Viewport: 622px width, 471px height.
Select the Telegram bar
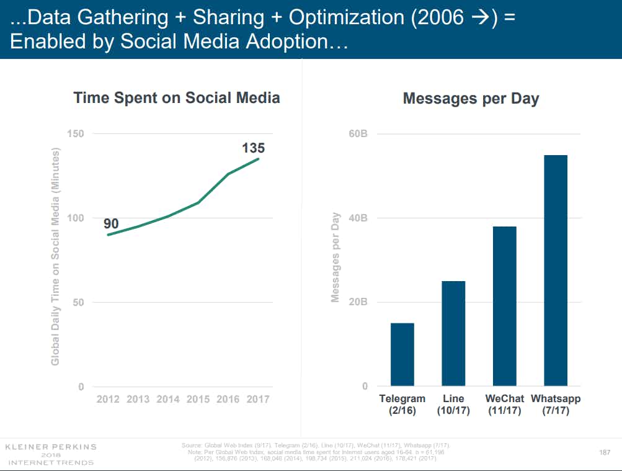(x=402, y=354)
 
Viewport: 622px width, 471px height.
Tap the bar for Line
(x=453, y=333)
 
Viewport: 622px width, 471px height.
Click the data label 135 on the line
(x=253, y=148)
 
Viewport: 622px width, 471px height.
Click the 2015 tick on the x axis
(x=198, y=399)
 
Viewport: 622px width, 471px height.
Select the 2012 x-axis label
(x=109, y=399)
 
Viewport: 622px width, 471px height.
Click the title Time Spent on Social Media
(x=177, y=98)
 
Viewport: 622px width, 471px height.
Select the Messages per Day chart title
(x=471, y=99)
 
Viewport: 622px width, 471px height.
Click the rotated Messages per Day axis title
(x=335, y=258)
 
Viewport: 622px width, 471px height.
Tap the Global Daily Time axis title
(x=56, y=256)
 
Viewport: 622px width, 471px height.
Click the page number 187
(x=605, y=452)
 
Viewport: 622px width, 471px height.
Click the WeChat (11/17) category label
(x=504, y=405)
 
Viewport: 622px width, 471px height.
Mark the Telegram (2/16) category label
(x=402, y=405)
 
